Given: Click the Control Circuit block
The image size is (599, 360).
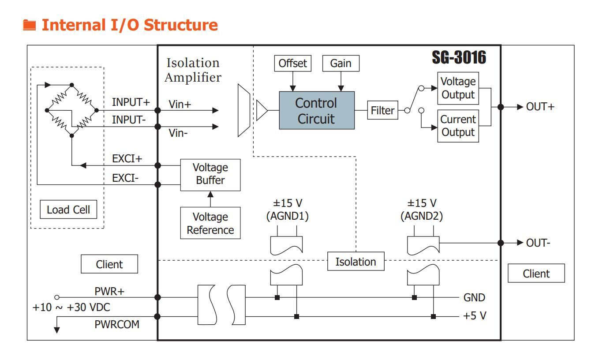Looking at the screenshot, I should [x=316, y=110].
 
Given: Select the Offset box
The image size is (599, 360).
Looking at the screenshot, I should [x=292, y=64].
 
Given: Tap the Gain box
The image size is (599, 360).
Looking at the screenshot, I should [x=341, y=64].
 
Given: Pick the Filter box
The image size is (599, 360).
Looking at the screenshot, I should [x=382, y=110].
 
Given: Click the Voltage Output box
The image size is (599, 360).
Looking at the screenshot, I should [x=458, y=88].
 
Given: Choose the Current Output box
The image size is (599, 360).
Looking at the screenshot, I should [x=458, y=126].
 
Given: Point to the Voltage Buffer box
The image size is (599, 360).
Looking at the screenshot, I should [x=210, y=174].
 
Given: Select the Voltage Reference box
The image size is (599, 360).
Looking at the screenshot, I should [x=210, y=223].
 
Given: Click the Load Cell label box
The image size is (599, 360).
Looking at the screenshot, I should [x=68, y=210].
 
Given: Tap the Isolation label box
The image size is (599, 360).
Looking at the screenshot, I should [x=356, y=262].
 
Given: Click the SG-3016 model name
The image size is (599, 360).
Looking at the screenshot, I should [x=459, y=57].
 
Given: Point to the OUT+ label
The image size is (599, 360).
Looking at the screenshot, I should [x=540, y=107].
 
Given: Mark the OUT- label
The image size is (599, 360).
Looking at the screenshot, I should [x=538, y=243].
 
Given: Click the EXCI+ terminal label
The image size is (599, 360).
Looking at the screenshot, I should [x=127, y=159].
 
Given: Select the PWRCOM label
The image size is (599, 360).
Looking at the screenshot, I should [x=117, y=324].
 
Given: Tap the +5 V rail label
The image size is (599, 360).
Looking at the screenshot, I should [x=475, y=316].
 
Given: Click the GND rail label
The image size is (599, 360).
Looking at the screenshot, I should [x=474, y=297].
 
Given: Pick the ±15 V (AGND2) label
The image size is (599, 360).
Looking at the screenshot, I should [x=422, y=210].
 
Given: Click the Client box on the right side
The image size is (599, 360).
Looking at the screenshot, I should [x=536, y=274].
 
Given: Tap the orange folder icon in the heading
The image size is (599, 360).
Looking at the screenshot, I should [x=29, y=25].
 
